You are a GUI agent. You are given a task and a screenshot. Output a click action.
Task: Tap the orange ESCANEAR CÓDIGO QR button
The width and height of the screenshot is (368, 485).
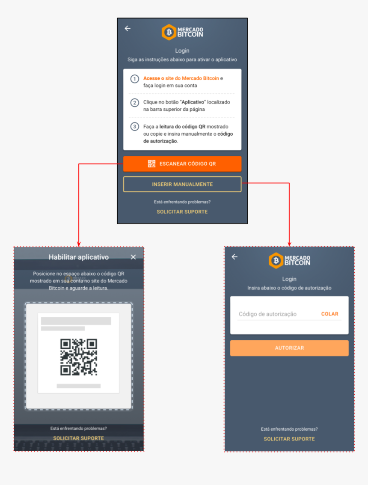182,164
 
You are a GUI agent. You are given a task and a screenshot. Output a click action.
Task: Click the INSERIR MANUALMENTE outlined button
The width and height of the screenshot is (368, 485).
182,184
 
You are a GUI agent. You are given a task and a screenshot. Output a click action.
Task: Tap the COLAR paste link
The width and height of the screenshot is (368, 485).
329,314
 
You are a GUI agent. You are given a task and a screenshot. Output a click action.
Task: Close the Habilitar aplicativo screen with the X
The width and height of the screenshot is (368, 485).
133,257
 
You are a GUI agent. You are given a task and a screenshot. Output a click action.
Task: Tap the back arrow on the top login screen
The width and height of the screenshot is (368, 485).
128,28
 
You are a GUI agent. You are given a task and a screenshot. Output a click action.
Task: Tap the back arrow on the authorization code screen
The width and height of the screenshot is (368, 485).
235,257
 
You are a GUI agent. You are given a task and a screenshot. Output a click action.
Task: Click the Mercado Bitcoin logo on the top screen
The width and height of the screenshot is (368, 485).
182,32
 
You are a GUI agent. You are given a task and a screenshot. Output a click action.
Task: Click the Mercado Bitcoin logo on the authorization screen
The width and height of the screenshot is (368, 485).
289,260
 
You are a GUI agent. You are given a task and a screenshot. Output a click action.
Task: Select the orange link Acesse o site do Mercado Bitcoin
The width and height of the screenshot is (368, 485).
181,78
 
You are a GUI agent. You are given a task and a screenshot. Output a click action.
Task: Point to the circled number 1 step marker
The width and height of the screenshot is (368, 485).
134,79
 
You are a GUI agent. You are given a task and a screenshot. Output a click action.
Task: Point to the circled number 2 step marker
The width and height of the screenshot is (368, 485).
134,103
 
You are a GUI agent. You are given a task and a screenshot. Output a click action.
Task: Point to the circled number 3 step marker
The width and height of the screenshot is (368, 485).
134,127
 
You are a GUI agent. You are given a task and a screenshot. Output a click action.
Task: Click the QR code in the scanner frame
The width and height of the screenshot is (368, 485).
79,357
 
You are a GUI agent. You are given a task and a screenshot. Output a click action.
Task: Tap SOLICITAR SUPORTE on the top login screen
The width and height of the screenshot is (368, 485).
182,212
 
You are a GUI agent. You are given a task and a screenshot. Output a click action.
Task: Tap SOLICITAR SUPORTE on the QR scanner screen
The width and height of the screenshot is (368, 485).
79,438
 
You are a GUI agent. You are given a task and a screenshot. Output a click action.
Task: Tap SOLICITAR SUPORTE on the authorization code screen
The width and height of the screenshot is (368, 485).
289,439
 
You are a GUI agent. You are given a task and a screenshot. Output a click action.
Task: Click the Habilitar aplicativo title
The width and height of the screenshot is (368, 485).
79,257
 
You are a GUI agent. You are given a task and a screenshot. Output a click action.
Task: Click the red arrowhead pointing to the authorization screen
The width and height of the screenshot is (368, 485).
289,244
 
